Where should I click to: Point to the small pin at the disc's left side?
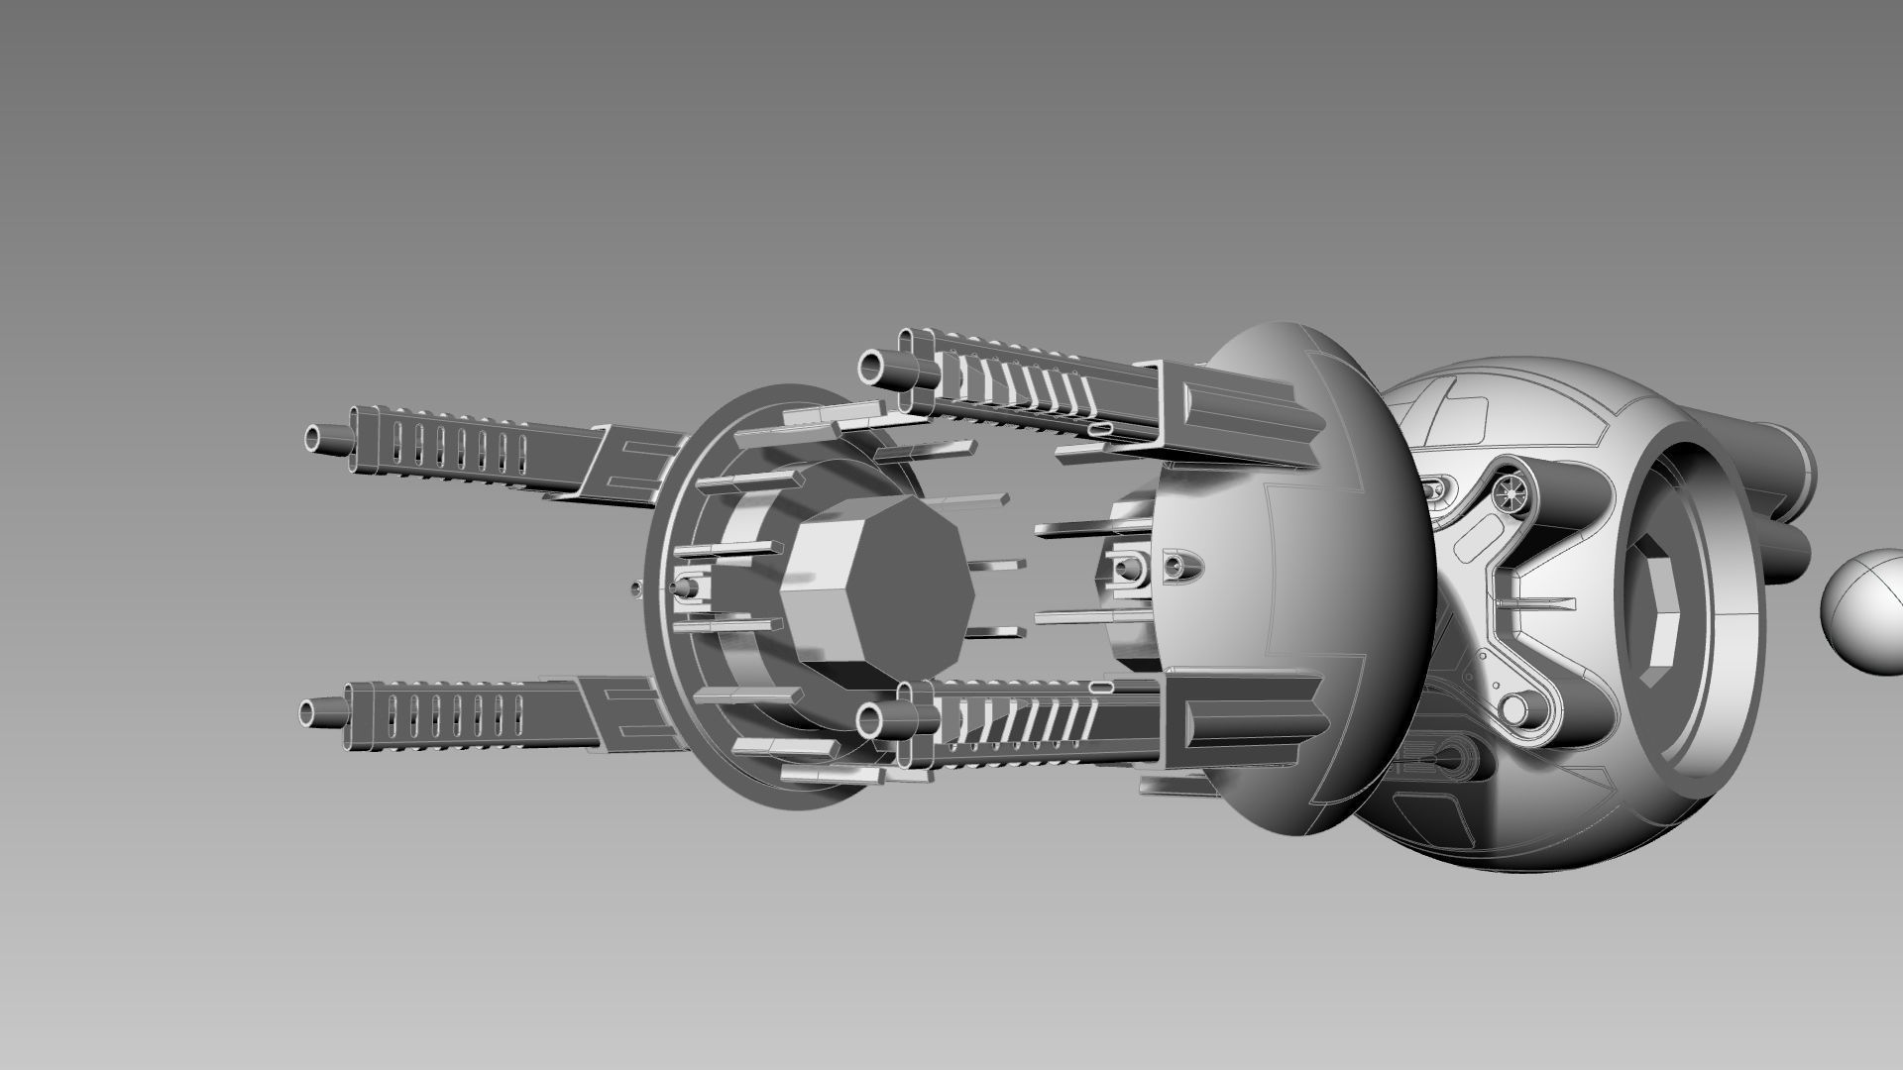682,587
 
